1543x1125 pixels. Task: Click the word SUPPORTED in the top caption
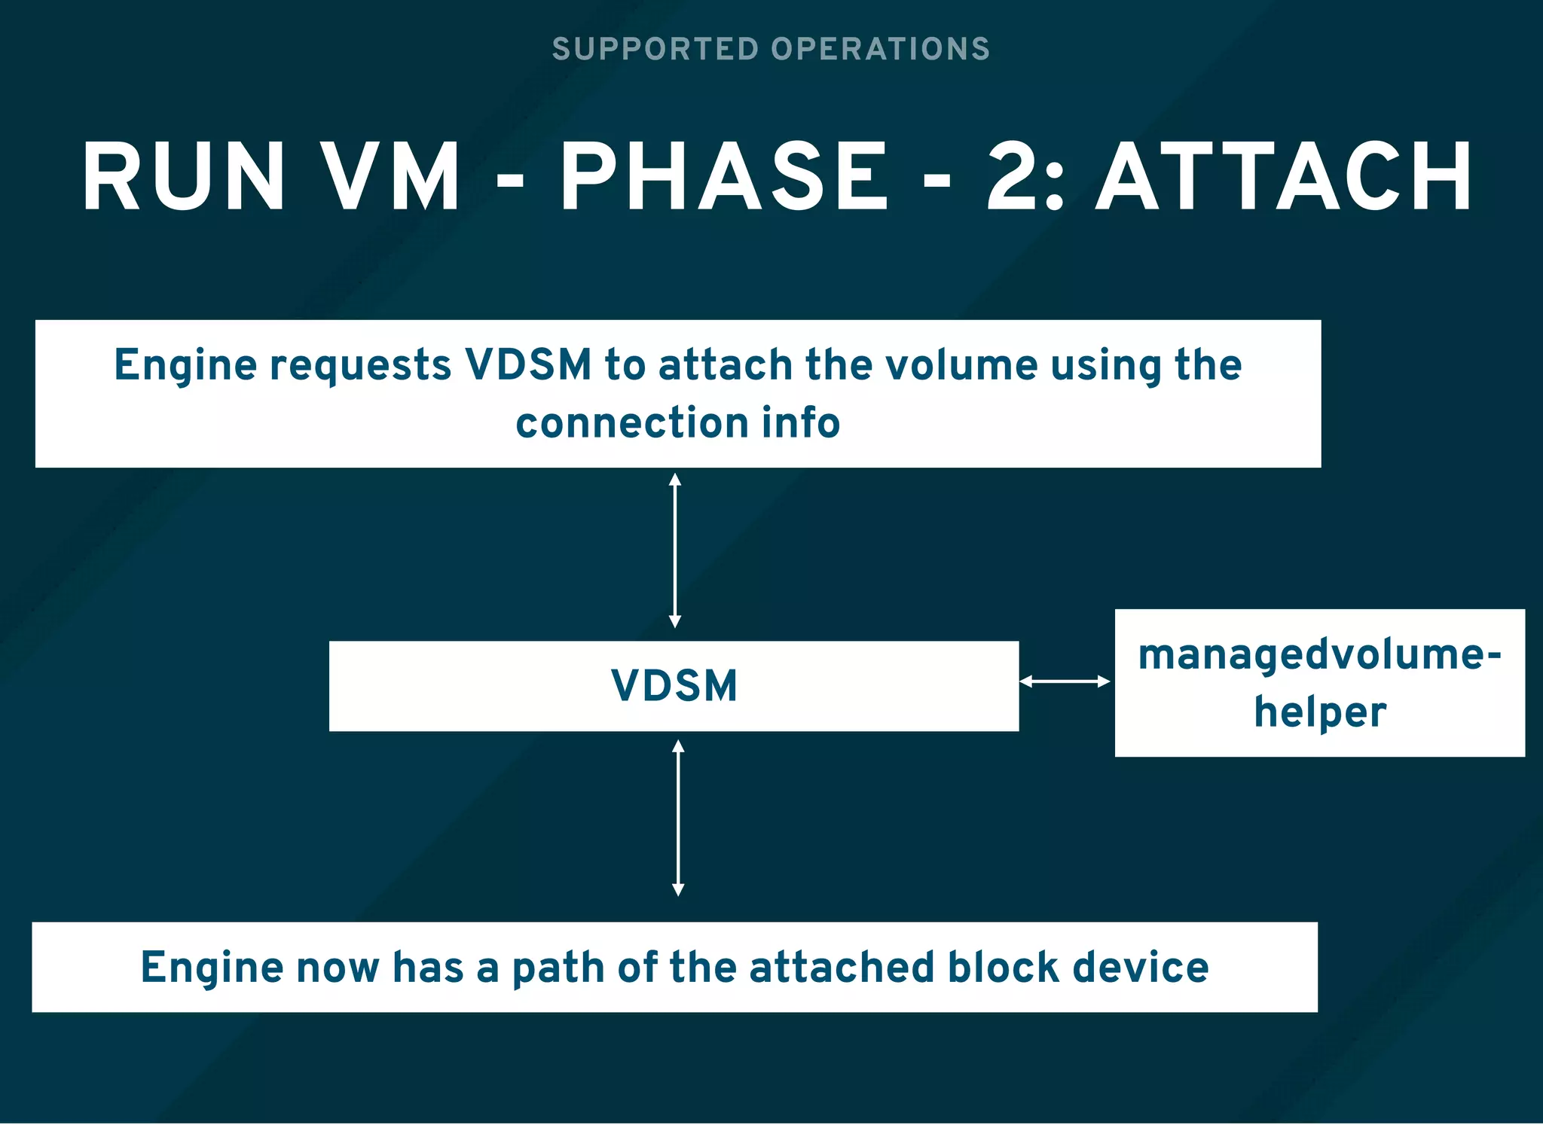pyautogui.click(x=655, y=49)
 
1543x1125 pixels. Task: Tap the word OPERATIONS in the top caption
pyautogui.click(x=880, y=49)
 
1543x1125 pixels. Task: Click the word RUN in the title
pyautogui.click(x=183, y=177)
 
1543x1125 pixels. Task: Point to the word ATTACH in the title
pyautogui.click(x=1284, y=177)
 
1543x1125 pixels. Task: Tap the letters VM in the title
pyautogui.click(x=391, y=177)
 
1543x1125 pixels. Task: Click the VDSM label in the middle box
pyautogui.click(x=674, y=686)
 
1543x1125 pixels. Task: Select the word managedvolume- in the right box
pyautogui.click(x=1319, y=654)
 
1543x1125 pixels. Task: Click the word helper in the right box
pyautogui.click(x=1320, y=712)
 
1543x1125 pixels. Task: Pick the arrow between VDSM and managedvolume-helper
pyautogui.click(x=1065, y=681)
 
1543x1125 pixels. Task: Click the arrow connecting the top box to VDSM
pyautogui.click(x=675, y=550)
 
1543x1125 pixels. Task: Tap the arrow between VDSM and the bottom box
pyautogui.click(x=678, y=818)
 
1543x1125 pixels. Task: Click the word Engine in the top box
pyautogui.click(x=185, y=365)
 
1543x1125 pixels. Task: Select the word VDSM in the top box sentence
pyautogui.click(x=528, y=365)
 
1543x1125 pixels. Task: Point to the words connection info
pyautogui.click(x=677, y=422)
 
